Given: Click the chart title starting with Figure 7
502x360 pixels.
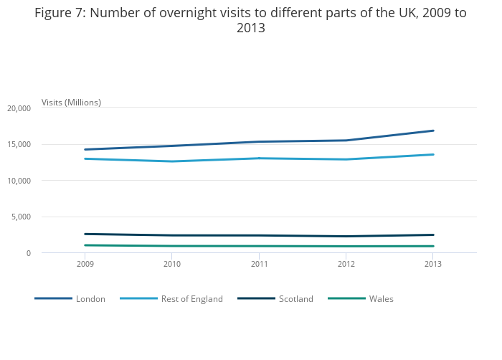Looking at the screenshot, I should [x=250, y=21].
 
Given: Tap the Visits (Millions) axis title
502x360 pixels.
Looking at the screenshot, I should [x=71, y=103].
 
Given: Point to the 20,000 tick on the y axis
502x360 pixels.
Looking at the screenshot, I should [x=19, y=108].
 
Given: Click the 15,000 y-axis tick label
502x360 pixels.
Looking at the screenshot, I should [x=19, y=145].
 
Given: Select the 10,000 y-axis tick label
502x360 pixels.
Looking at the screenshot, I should [x=19, y=181].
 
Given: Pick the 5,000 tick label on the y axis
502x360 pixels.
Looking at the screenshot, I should [x=21, y=217].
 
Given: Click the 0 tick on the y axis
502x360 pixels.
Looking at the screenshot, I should [x=28, y=253].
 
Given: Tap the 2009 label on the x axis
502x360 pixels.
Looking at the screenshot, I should [x=85, y=265].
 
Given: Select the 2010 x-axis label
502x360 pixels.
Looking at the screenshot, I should [x=172, y=265].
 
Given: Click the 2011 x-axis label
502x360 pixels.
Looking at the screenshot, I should [x=259, y=265].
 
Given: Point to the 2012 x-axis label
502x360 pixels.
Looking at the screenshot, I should [x=346, y=265].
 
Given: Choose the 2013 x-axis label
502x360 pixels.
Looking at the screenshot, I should [x=433, y=265].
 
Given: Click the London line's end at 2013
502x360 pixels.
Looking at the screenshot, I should [x=433, y=131].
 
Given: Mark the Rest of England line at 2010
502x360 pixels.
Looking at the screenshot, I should [x=172, y=161].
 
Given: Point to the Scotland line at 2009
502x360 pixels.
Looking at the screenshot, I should [x=85, y=234].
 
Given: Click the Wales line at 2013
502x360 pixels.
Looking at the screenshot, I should [x=433, y=246].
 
